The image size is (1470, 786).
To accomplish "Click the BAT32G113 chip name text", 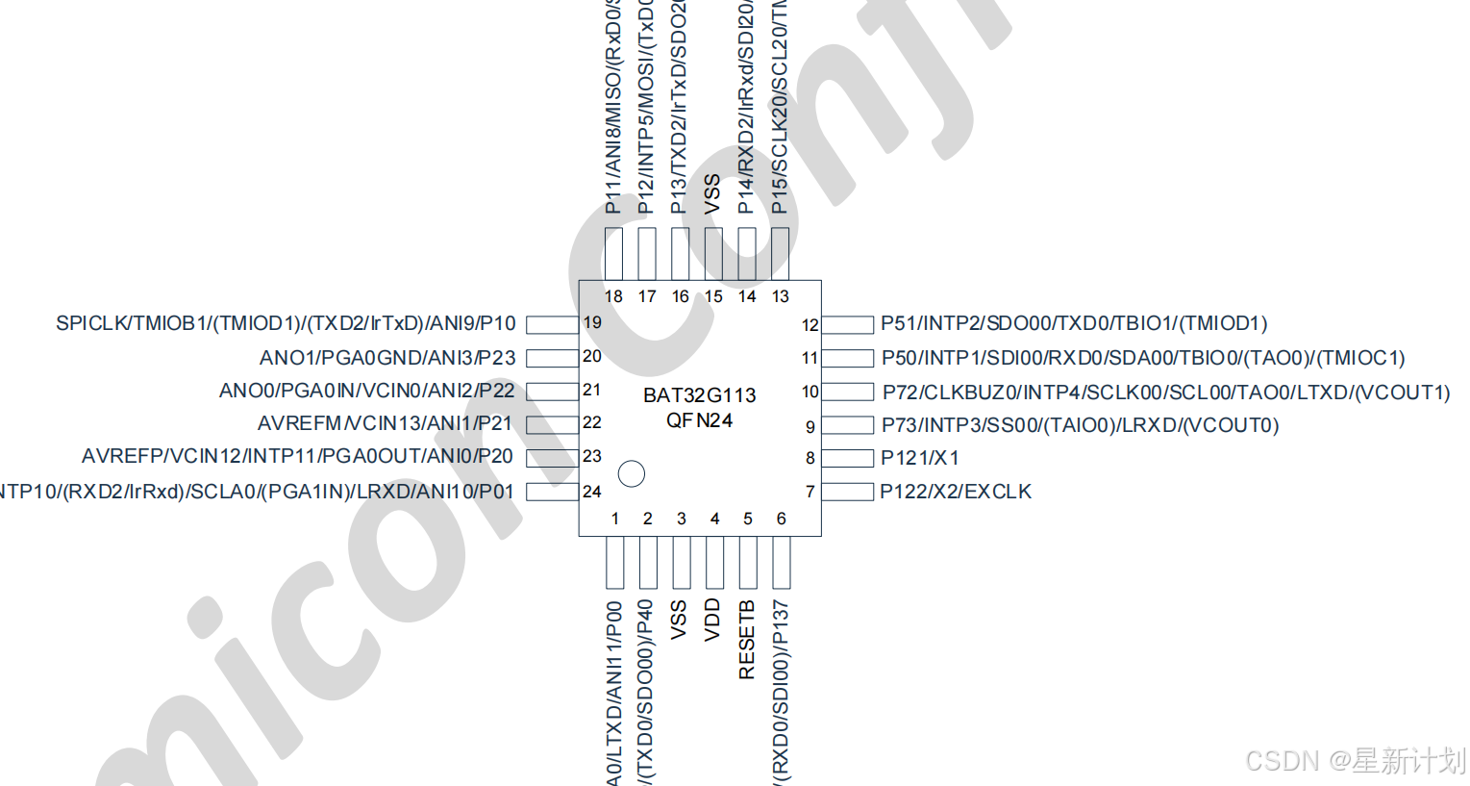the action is point(699,395).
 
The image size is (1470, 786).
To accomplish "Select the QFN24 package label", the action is point(699,420).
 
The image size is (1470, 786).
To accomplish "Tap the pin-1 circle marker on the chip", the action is point(631,473).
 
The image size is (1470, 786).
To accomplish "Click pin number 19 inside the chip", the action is point(592,323).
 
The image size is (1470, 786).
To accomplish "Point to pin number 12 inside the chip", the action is point(810,325).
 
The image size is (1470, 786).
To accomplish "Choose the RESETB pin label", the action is point(747,640).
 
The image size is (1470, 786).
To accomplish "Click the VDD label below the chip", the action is point(712,620).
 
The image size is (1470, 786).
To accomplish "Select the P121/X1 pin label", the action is point(919,458).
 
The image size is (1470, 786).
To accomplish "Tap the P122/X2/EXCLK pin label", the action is point(956,492).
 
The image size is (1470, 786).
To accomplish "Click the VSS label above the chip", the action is point(712,194).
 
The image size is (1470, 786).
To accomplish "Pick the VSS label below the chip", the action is point(679,620).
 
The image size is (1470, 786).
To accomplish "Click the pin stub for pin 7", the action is point(847,492).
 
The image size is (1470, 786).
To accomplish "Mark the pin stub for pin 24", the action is point(552,492).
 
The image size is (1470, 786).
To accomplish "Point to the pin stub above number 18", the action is point(613,254).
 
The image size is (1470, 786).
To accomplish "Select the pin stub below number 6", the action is point(781,563).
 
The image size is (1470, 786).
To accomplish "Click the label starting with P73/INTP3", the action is point(1080,425).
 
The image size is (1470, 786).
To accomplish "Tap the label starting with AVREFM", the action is point(385,423).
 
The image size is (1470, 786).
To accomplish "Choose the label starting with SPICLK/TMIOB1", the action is point(286,323).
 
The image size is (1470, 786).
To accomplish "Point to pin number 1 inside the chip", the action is point(615,519).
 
